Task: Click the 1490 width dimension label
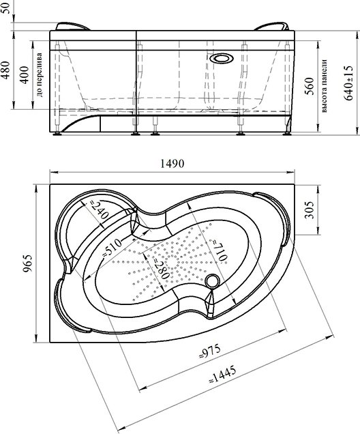(x=172, y=164)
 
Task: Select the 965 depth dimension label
(x=28, y=263)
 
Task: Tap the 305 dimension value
(x=310, y=209)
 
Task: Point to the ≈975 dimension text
(x=210, y=351)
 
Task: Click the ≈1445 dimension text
(x=222, y=374)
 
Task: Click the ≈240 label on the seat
(x=99, y=209)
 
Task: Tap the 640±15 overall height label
(x=348, y=83)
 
